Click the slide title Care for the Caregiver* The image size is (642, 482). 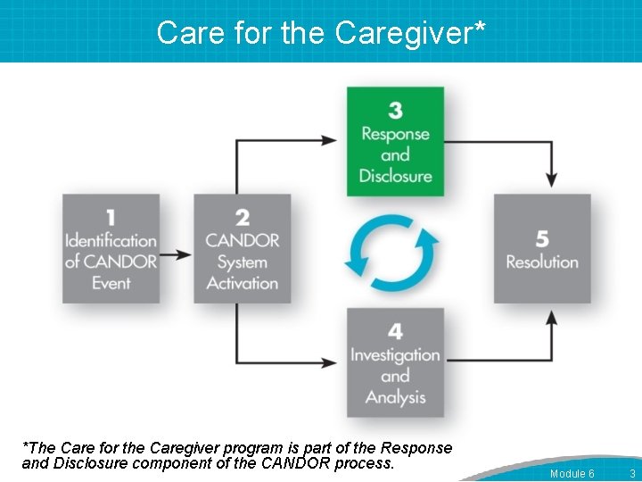coord(321,32)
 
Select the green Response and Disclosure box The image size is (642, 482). coord(395,141)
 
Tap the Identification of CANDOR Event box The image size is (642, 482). coord(111,249)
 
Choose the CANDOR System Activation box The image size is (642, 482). coord(243,249)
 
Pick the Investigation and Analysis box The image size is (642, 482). coord(395,362)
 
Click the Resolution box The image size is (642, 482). coord(542,249)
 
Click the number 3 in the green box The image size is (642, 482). coord(395,110)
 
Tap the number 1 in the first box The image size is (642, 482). coord(111,217)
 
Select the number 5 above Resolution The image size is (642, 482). coord(542,238)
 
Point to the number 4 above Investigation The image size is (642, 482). coord(395,331)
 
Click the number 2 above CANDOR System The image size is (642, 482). coord(243,217)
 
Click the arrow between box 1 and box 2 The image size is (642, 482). coord(177,254)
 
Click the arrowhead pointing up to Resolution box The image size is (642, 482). coord(552,319)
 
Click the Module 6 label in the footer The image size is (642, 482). coord(572,473)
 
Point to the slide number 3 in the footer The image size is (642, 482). coord(631,473)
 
